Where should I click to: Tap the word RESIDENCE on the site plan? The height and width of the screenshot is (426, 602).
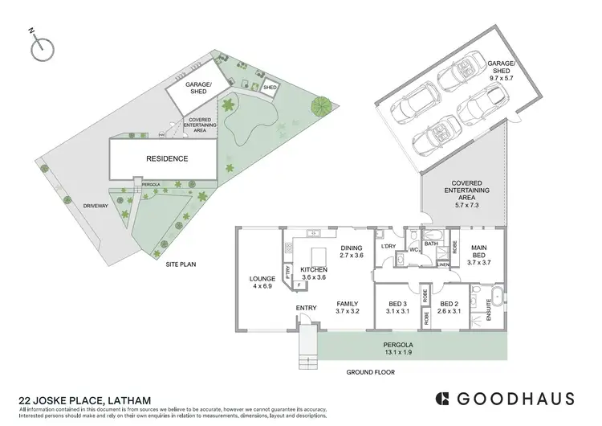point(166,159)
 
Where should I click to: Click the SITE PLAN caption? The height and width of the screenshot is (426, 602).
point(182,264)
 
